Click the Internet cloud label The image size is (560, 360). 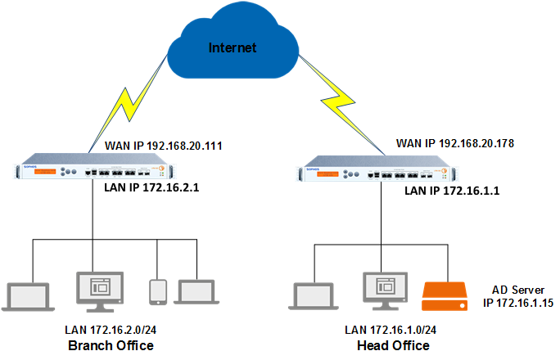pos(233,47)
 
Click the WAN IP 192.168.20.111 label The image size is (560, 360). pos(165,146)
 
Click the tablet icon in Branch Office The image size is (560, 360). pos(158,292)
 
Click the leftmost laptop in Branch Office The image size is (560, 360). pos(27,294)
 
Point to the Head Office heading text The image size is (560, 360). pos(393,345)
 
